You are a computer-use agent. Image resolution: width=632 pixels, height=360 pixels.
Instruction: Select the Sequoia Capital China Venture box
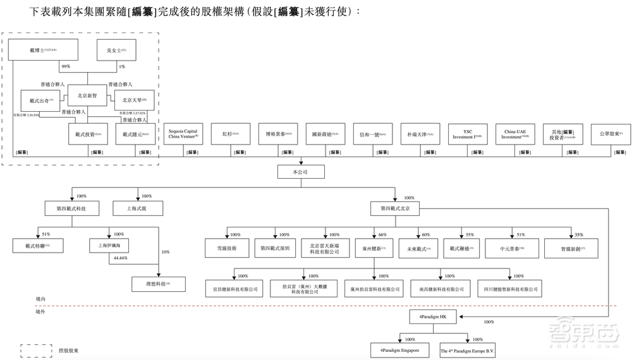pyautogui.click(x=183, y=134)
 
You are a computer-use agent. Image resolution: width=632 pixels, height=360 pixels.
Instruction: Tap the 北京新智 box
pyautogui.click(x=87, y=95)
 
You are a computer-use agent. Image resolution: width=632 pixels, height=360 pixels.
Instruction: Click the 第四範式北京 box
pyautogui.click(x=395, y=209)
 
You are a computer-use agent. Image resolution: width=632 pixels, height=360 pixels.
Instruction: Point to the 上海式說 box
pyautogui.click(x=138, y=209)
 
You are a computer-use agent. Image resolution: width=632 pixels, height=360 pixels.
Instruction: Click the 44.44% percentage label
pyautogui.click(x=120, y=258)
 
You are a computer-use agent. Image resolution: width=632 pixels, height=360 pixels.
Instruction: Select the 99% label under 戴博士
pyautogui.click(x=66, y=66)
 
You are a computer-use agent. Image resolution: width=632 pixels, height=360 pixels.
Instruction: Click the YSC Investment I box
pyautogui.click(x=468, y=134)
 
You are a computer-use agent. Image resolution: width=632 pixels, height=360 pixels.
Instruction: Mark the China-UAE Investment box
pyautogui.click(x=515, y=134)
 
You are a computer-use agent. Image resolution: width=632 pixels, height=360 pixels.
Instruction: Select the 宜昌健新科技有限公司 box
pyautogui.click(x=233, y=289)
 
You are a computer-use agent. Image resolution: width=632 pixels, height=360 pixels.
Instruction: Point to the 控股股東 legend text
pyautogui.click(x=68, y=350)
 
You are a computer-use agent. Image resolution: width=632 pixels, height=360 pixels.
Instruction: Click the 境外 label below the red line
pyautogui.click(x=42, y=311)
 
